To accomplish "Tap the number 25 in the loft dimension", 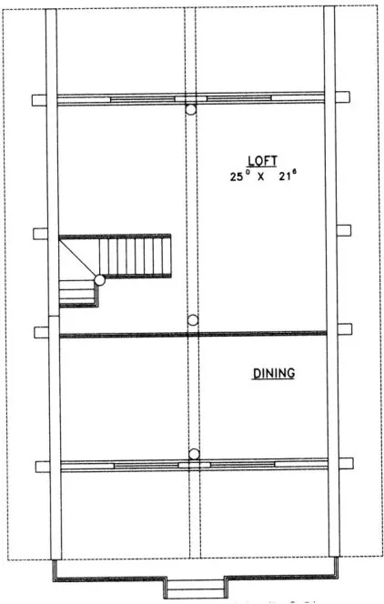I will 237,176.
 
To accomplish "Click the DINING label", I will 274,373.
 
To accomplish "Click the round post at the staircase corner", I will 99,280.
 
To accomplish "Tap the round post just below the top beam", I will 191,109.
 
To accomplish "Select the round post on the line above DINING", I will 192,320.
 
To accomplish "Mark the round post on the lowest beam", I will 193,453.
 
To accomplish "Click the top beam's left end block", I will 39,99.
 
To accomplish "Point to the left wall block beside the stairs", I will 40,234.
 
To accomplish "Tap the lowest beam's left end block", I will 42,467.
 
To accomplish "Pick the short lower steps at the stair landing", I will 77,293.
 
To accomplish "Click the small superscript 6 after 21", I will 298,171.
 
